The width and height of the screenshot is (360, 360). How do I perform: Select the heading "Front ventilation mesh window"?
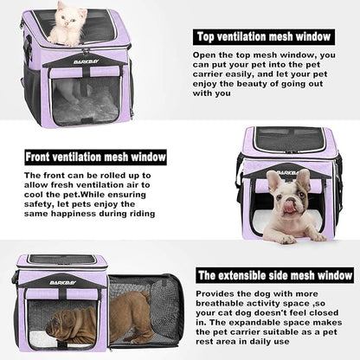click(x=94, y=157)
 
